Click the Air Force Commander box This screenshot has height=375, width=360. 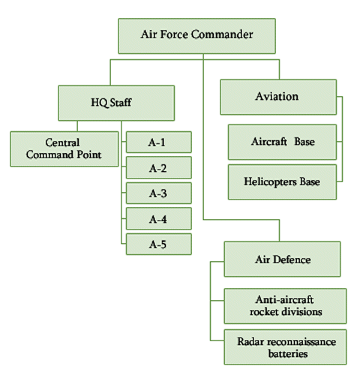(196, 36)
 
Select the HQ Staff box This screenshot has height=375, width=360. (116, 103)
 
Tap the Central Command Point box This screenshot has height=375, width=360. (64, 149)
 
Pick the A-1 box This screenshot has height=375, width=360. (159, 142)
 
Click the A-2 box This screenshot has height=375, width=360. (159, 168)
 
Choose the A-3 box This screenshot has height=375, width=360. (159, 193)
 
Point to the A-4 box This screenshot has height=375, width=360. (159, 219)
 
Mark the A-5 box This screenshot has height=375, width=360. (159, 244)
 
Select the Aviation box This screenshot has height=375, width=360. (278, 97)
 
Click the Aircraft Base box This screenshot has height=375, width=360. (282, 142)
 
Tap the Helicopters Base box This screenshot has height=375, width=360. (282, 182)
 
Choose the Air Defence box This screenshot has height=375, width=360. (282, 259)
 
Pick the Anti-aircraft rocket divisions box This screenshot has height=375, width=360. (285, 306)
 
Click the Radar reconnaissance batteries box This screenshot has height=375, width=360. (285, 347)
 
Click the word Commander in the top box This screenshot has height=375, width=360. (222, 34)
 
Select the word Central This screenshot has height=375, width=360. (62, 142)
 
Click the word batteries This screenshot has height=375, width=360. (288, 353)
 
